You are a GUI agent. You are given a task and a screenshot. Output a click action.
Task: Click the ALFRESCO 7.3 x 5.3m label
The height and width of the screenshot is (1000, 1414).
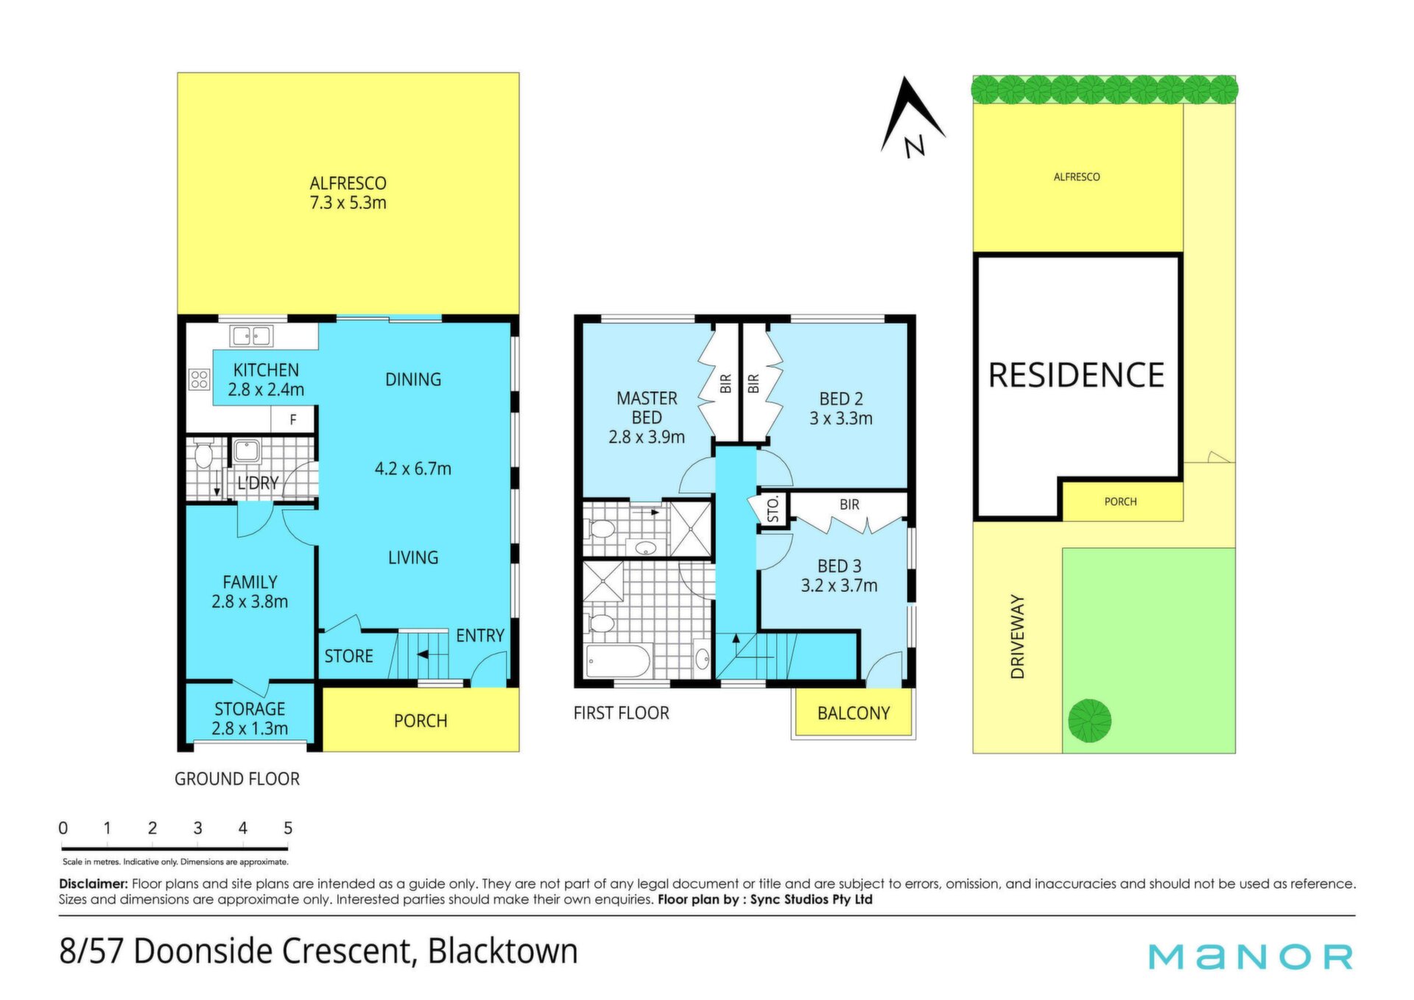(348, 193)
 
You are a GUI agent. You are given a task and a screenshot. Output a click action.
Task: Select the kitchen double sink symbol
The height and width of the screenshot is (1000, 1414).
(251, 336)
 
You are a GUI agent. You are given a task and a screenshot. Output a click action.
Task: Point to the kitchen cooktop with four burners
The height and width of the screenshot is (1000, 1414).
(199, 379)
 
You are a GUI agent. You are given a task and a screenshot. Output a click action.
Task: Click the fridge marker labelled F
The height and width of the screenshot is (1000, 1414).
(293, 420)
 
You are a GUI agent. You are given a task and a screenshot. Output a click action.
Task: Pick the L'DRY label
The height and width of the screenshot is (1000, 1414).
(258, 483)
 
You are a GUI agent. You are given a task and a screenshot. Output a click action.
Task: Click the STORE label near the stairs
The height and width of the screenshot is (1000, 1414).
(348, 656)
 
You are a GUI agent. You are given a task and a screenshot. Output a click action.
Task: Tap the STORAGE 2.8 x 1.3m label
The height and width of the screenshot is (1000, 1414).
(250, 719)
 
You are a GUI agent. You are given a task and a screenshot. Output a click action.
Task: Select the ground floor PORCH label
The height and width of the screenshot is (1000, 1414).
(421, 721)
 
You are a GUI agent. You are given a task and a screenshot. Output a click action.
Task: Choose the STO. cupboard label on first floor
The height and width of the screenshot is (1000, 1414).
(773, 510)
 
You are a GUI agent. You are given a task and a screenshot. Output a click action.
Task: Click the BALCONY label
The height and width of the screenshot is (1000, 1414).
(854, 714)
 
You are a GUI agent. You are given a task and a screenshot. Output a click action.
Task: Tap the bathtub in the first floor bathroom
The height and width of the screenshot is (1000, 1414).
(618, 661)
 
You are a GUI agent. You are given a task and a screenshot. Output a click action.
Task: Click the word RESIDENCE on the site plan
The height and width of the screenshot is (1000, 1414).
(1076, 376)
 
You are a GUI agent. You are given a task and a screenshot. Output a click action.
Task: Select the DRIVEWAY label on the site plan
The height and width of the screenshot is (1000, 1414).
(1018, 636)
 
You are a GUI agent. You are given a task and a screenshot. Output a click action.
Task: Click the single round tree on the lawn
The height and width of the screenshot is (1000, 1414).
(1089, 720)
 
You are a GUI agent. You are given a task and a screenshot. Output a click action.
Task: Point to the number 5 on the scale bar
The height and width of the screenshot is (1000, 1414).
(288, 828)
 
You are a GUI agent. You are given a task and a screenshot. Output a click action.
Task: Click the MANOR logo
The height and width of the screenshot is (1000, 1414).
(1251, 957)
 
